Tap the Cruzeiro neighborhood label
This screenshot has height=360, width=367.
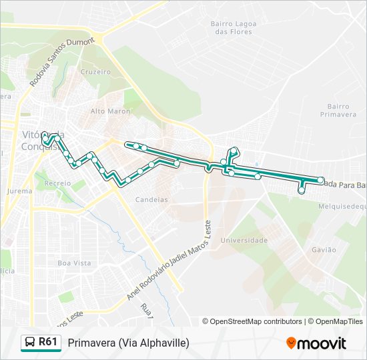(95, 72)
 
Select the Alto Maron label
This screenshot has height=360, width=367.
(110, 111)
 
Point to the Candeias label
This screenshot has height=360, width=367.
(151, 199)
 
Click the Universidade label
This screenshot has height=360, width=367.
(244, 240)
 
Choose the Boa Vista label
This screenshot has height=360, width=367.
(74, 263)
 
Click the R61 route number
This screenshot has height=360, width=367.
(47, 342)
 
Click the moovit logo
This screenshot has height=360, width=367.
(316, 343)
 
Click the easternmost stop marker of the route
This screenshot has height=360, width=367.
(321, 181)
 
